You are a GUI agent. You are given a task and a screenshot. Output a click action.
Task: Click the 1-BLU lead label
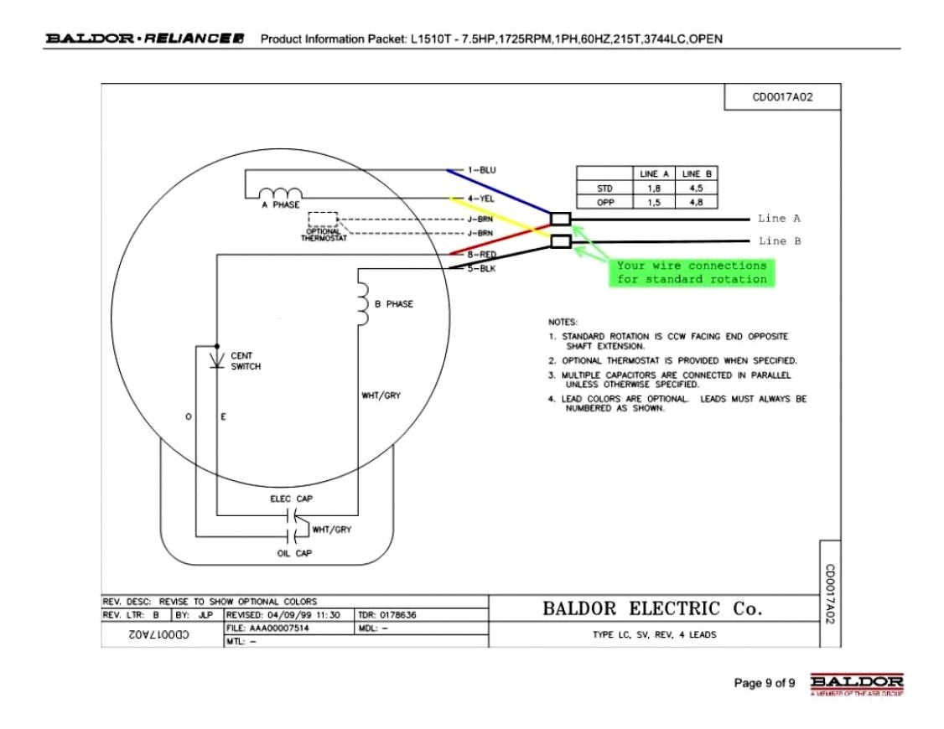tap(481, 170)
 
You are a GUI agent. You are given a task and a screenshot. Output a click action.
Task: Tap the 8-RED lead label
tap(481, 254)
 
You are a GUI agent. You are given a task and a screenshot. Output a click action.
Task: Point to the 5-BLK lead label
tap(481, 269)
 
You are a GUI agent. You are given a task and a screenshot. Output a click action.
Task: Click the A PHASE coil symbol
tap(279, 194)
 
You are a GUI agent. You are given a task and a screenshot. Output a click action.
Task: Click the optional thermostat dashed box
tap(323, 220)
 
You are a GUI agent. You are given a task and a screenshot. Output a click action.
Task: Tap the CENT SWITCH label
tap(246, 361)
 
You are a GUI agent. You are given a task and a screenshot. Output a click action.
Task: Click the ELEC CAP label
tap(291, 499)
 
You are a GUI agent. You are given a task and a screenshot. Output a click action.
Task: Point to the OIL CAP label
tap(294, 553)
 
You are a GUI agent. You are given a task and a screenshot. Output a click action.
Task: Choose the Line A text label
tap(779, 219)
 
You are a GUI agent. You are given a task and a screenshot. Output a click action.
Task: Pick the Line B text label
tap(779, 241)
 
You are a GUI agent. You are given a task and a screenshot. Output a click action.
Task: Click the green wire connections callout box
tap(692, 272)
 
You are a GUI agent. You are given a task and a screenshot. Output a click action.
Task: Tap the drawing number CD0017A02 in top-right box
tap(782, 97)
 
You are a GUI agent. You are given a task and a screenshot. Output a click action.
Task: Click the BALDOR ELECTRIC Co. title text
tap(653, 609)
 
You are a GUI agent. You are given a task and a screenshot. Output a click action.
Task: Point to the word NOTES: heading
tap(563, 322)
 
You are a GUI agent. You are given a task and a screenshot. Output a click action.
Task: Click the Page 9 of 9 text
tap(764, 683)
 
